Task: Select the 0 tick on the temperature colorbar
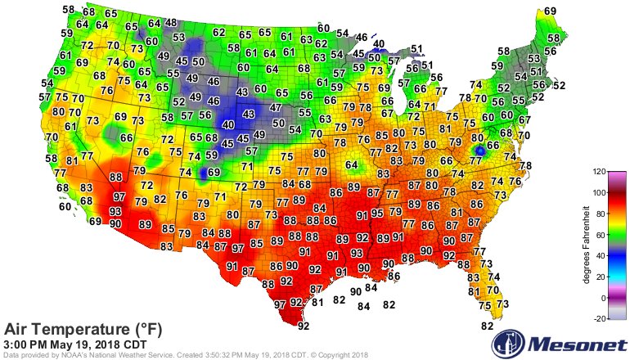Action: [600, 296]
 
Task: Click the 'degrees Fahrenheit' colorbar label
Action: [587, 245]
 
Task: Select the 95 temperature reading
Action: [377, 214]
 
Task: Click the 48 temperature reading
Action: [170, 23]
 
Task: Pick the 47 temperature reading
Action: [277, 107]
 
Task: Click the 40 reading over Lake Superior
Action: [378, 44]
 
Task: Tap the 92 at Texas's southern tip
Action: [304, 326]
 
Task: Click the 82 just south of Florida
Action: [488, 326]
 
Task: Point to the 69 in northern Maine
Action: [550, 11]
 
